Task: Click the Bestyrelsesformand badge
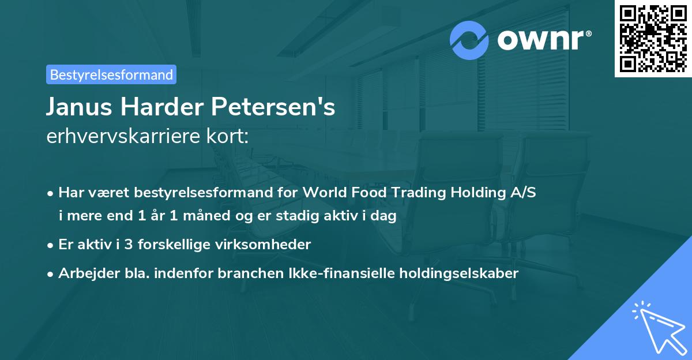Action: coord(111,74)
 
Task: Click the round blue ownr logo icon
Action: coord(469,40)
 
